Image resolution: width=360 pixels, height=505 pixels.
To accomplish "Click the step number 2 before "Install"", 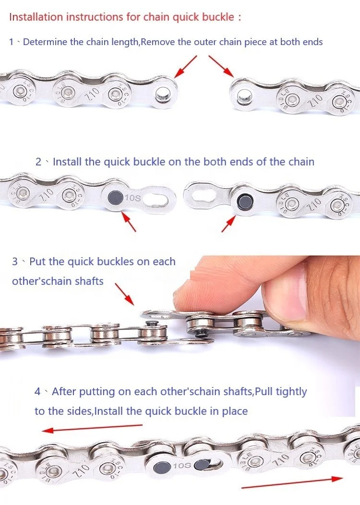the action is click(38, 162).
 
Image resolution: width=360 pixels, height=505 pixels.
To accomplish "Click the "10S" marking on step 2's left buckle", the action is click(133, 198).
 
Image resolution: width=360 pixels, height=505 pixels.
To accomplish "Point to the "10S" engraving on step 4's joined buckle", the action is click(182, 465).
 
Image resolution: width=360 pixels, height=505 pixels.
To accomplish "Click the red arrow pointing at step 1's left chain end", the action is click(185, 67).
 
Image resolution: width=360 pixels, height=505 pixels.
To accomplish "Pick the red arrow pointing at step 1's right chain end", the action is click(221, 66).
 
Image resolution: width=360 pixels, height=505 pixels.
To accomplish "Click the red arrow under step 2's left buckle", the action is click(129, 221).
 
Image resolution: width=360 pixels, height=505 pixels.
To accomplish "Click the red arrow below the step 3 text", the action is click(124, 294).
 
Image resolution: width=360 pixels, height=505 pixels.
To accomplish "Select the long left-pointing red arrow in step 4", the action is click(92, 428).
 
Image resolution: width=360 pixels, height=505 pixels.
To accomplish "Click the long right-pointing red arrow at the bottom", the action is click(292, 482).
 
